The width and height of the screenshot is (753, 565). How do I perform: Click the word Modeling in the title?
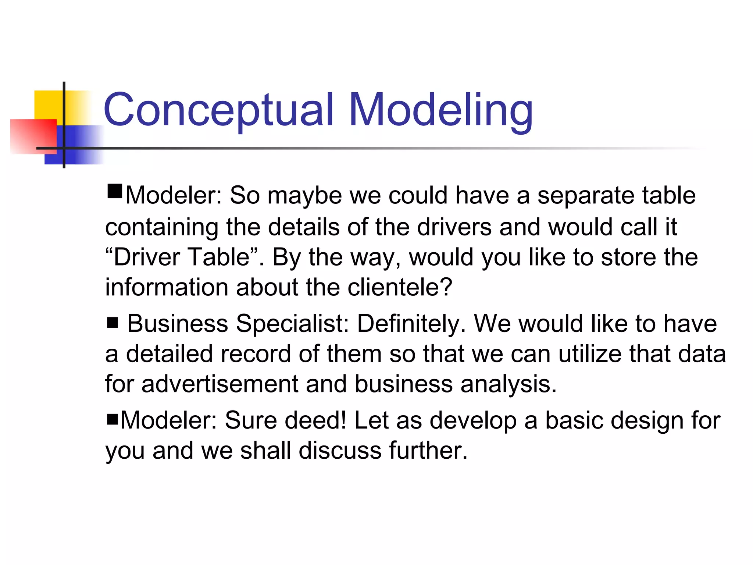[x=441, y=110]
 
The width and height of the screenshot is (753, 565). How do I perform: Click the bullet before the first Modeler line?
[x=114, y=191]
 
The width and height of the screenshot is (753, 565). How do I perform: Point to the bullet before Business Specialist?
[x=113, y=323]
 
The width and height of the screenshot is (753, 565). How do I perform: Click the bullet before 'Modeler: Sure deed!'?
[x=112, y=419]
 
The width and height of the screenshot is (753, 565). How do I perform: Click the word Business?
[x=178, y=324]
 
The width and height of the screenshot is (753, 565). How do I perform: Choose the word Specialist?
[x=292, y=324]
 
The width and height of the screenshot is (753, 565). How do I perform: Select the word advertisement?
[x=220, y=384]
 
